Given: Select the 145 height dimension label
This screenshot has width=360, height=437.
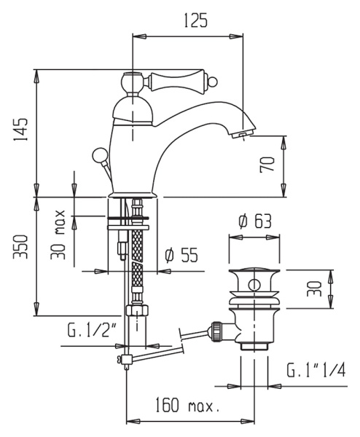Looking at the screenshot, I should [21, 132].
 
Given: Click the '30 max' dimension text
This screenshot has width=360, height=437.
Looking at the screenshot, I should [61, 235].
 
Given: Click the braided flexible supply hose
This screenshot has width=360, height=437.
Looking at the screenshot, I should [138, 255].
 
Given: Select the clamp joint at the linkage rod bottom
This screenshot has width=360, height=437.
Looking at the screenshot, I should [120, 360].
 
